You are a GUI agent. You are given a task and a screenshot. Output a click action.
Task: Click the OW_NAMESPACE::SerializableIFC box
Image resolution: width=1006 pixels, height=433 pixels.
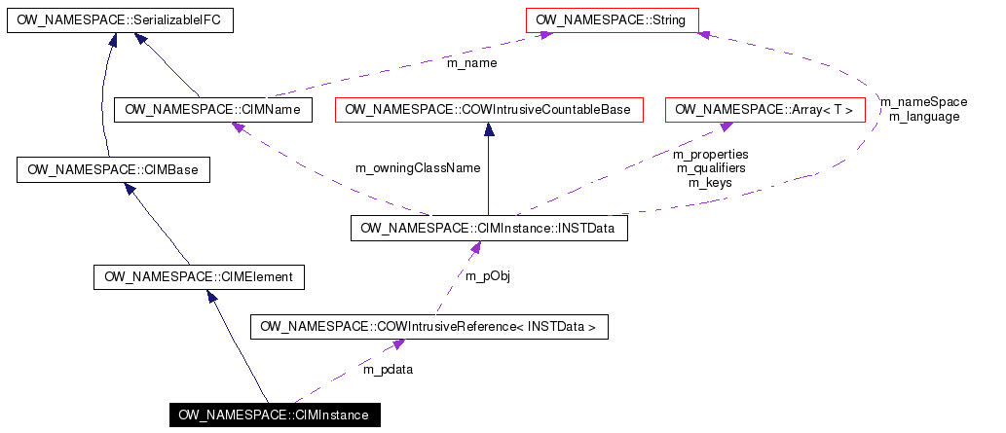pyautogui.click(x=120, y=19)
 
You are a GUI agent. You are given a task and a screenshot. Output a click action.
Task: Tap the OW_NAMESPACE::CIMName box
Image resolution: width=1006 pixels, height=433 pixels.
pyautogui.click(x=213, y=110)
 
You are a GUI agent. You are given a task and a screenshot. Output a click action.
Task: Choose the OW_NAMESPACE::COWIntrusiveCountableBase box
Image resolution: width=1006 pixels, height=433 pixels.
pyautogui.click(x=488, y=110)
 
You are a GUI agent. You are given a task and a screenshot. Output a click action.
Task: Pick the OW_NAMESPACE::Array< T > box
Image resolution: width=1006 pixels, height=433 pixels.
pyautogui.click(x=764, y=110)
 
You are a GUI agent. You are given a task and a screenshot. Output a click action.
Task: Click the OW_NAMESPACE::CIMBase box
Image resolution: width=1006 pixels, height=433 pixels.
pyautogui.click(x=113, y=170)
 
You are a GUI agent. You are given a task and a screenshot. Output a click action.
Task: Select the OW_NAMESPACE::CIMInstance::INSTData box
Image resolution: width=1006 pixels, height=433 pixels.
pyautogui.click(x=489, y=229)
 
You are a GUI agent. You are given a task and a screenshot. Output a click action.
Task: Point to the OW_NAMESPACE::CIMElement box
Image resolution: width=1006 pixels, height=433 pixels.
pyautogui.click(x=199, y=278)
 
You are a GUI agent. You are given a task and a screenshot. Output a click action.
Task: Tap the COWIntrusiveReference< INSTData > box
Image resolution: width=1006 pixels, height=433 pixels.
pyautogui.click(x=428, y=327)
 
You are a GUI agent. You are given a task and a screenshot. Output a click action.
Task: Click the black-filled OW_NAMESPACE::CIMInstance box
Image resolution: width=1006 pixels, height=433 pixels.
pyautogui.click(x=274, y=415)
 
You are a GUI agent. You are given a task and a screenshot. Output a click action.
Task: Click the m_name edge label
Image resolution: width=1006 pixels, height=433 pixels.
pyautogui.click(x=471, y=63)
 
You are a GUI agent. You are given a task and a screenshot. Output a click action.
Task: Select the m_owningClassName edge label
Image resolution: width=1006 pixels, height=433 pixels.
pyautogui.click(x=418, y=167)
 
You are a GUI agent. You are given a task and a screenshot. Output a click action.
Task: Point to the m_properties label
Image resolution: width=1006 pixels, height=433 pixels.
pyautogui.click(x=710, y=154)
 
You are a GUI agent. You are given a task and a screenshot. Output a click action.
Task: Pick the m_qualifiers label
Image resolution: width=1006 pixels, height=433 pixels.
pyautogui.click(x=710, y=167)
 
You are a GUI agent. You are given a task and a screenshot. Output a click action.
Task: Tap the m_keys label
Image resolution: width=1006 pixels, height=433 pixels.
pyautogui.click(x=710, y=182)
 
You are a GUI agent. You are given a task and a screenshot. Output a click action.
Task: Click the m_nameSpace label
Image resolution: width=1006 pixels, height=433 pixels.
pyautogui.click(x=923, y=101)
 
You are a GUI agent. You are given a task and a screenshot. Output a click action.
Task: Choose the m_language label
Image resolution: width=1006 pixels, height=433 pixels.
pyautogui.click(x=923, y=116)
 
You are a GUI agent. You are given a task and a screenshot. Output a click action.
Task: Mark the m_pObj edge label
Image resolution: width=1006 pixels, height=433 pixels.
pyautogui.click(x=487, y=276)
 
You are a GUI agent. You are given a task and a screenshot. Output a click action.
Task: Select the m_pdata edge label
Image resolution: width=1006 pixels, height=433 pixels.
pyautogui.click(x=388, y=369)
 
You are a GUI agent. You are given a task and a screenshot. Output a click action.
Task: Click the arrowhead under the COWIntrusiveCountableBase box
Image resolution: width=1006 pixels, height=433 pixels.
pyautogui.click(x=488, y=128)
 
